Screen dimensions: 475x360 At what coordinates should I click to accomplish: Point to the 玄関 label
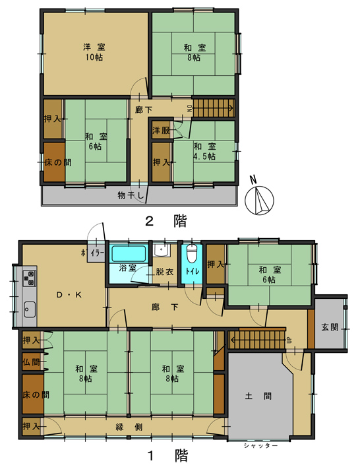tap(330, 327)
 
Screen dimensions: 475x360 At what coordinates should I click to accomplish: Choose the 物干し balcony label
tap(131, 195)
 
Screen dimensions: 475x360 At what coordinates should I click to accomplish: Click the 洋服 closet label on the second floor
tap(162, 130)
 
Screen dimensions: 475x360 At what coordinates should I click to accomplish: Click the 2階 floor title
tap(165, 222)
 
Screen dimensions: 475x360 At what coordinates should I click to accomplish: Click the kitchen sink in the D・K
tap(30, 307)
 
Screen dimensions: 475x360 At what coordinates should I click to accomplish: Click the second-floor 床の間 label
tap(54, 162)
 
